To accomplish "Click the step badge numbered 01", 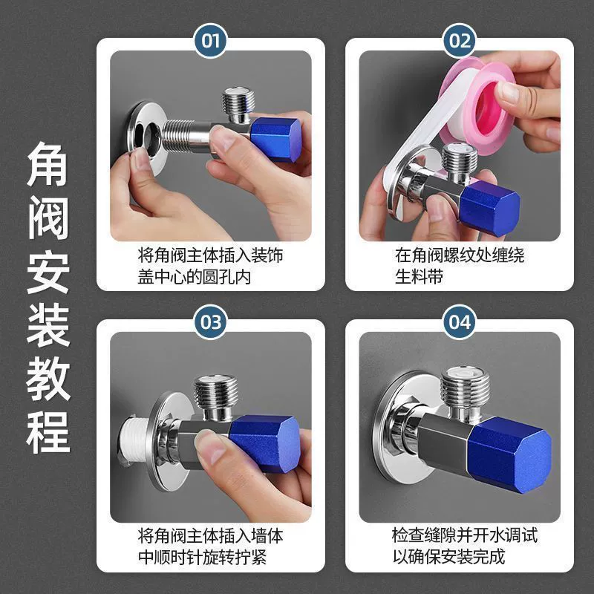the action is pos(210,41).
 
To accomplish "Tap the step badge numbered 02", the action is pos(460,41).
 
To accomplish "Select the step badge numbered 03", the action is pos(210,322).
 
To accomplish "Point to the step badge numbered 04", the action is pos(460,322).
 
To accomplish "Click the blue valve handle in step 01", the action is pos(275,139).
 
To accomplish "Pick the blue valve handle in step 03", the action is pos(265,444).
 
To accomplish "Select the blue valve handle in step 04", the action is pos(509,454).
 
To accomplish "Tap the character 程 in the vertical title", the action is pos(48,432).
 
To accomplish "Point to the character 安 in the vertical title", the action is pos(48,272).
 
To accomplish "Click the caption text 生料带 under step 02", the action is pos(419,276).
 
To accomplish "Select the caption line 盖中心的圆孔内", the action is pos(195,277).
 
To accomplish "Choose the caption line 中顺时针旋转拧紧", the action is pos(202,558).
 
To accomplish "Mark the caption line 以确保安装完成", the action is pos(449,556).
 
